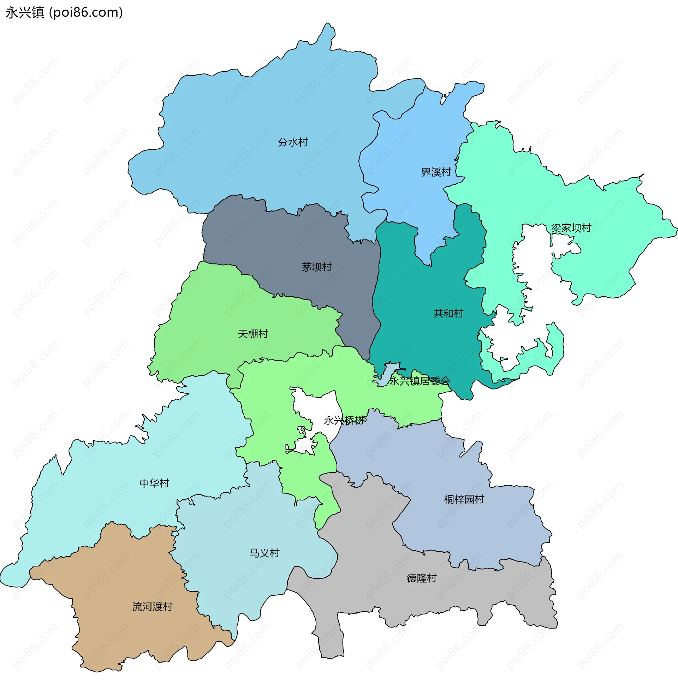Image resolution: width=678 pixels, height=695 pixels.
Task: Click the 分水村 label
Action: (293, 142)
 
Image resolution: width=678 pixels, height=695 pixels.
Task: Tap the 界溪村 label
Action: (436, 172)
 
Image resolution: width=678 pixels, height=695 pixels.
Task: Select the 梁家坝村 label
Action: (571, 228)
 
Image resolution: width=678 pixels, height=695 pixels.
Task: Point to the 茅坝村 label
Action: (316, 267)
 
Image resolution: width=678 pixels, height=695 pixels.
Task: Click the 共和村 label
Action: (448, 313)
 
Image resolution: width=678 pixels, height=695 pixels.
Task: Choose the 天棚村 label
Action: (253, 334)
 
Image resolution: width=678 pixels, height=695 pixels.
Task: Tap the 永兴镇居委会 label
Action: (419, 381)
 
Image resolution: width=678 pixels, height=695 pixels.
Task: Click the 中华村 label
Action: (154, 483)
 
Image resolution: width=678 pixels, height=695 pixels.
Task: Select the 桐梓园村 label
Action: (464, 499)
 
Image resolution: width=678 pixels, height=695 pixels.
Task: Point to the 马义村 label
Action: (264, 553)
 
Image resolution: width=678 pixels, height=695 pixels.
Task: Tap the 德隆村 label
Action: (422, 578)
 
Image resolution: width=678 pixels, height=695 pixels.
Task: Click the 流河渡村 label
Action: (153, 607)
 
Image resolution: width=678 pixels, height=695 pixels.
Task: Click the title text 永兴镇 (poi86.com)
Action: (64, 12)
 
